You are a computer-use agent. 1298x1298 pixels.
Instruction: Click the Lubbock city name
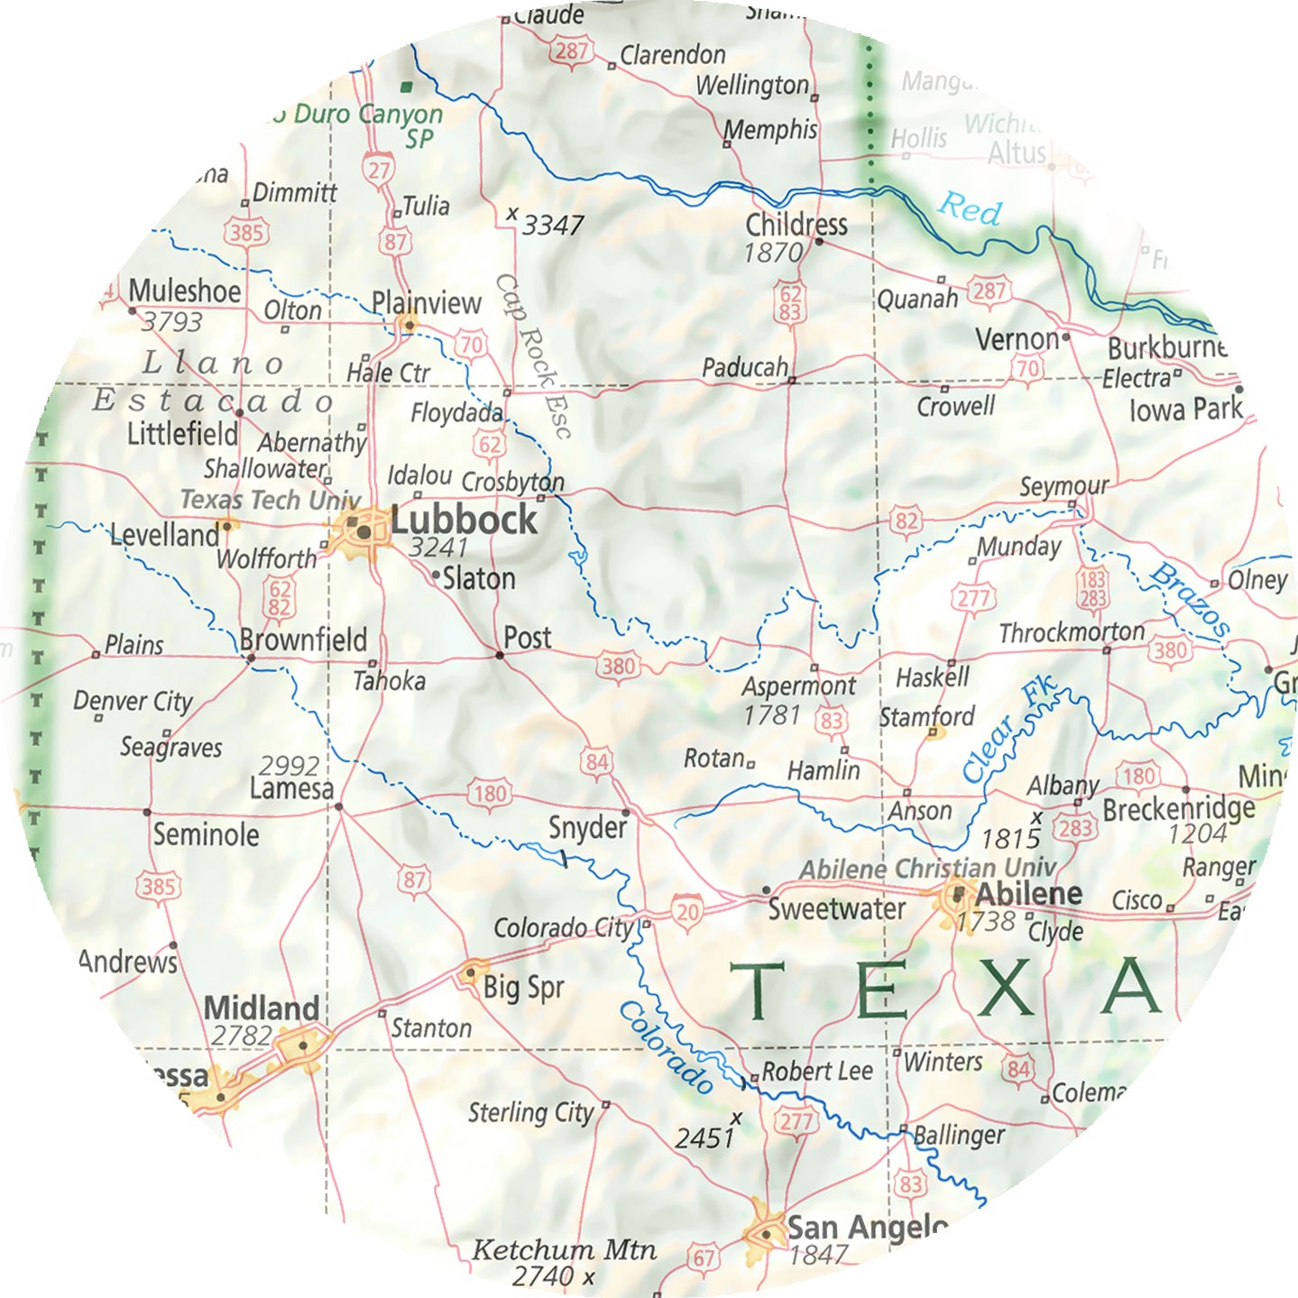tap(464, 520)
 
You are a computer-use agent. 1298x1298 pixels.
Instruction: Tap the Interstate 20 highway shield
tap(687, 911)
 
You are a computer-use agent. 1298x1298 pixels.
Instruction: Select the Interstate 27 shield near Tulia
tap(379, 170)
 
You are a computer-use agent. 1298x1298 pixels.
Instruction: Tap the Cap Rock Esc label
tap(534, 355)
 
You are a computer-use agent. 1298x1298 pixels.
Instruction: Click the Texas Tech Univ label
tap(270, 499)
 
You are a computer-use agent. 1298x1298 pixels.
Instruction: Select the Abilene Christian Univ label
tap(927, 868)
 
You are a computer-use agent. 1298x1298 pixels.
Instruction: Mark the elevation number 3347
tap(553, 225)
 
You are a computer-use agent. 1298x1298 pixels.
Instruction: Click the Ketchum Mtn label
tap(564, 1249)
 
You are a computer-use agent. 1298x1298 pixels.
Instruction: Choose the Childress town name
tap(796, 224)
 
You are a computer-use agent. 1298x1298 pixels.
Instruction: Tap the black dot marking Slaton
tap(437, 575)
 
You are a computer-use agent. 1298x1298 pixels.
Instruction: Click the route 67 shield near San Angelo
tap(704, 1257)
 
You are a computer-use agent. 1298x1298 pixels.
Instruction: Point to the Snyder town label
tap(587, 827)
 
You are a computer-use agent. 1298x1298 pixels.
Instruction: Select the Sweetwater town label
tap(836, 908)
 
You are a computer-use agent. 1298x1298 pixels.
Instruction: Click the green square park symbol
tap(407, 87)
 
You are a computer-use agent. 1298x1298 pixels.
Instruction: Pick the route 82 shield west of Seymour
tap(906, 520)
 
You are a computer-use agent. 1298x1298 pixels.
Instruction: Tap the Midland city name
tap(262, 1008)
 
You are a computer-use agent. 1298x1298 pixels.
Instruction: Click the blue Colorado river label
tap(666, 1047)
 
